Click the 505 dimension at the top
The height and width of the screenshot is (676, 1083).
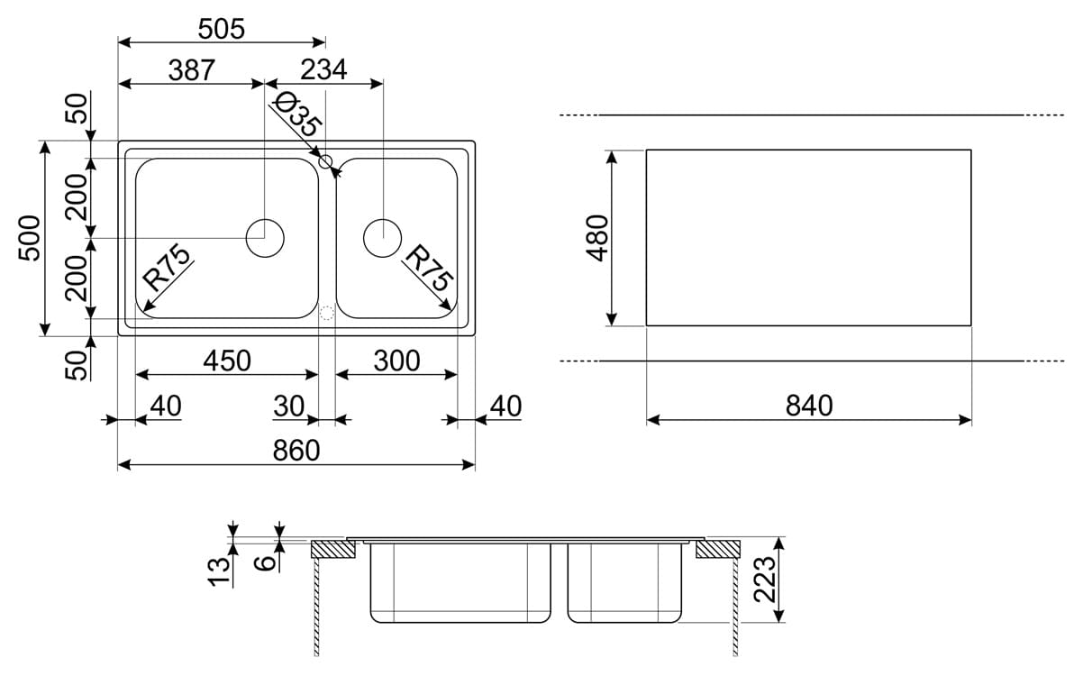(x=221, y=29)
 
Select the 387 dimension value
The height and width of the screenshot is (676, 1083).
(x=191, y=70)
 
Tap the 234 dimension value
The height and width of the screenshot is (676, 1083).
(x=323, y=70)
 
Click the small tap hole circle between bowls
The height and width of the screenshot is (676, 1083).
(x=326, y=162)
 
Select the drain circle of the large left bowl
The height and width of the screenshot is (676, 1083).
(x=265, y=238)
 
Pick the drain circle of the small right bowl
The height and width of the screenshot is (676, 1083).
(x=382, y=238)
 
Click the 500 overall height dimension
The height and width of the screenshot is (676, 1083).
(x=31, y=238)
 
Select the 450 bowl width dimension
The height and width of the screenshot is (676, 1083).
(x=226, y=361)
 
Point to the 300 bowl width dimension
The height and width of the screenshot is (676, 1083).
(x=396, y=361)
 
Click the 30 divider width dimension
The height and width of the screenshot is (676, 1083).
(x=289, y=407)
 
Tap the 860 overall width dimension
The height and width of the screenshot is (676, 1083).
(x=296, y=450)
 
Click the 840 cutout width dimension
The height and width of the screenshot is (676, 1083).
(x=808, y=407)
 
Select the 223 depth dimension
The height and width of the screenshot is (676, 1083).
(x=763, y=580)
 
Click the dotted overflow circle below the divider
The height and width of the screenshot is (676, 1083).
(x=327, y=313)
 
